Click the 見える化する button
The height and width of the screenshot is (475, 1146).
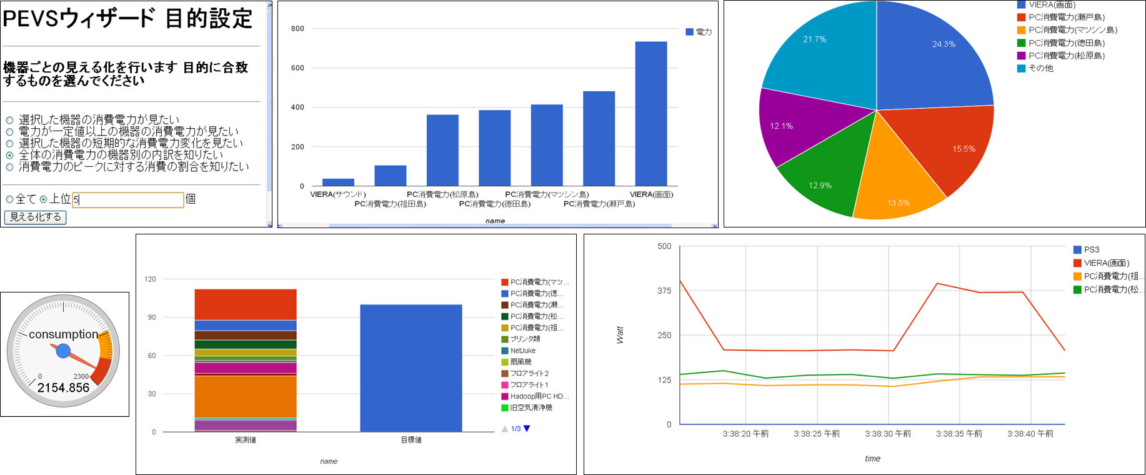click(x=35, y=217)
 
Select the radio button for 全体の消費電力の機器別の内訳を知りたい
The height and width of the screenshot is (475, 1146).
click(x=9, y=155)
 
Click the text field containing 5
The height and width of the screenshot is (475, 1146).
click(x=127, y=200)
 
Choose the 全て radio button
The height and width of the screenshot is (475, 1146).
click(x=9, y=199)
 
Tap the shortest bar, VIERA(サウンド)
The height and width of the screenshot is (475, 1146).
click(x=338, y=182)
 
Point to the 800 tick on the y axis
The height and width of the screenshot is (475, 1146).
click(x=297, y=29)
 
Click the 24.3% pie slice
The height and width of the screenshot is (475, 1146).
click(x=931, y=56)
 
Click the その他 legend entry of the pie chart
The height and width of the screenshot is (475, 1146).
click(x=1040, y=68)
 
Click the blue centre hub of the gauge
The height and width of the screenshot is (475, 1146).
click(x=63, y=351)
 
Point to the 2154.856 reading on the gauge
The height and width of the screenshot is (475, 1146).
click(x=63, y=388)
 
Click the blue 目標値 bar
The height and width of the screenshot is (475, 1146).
click(x=411, y=368)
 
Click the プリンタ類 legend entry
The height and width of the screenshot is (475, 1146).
click(x=525, y=339)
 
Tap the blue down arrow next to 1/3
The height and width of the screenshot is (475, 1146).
click(x=527, y=429)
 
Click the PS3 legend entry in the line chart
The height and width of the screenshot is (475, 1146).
click(x=1091, y=249)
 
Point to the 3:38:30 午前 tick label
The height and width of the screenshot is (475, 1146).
click(x=887, y=434)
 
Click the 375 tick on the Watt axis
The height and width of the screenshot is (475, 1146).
click(x=664, y=291)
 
